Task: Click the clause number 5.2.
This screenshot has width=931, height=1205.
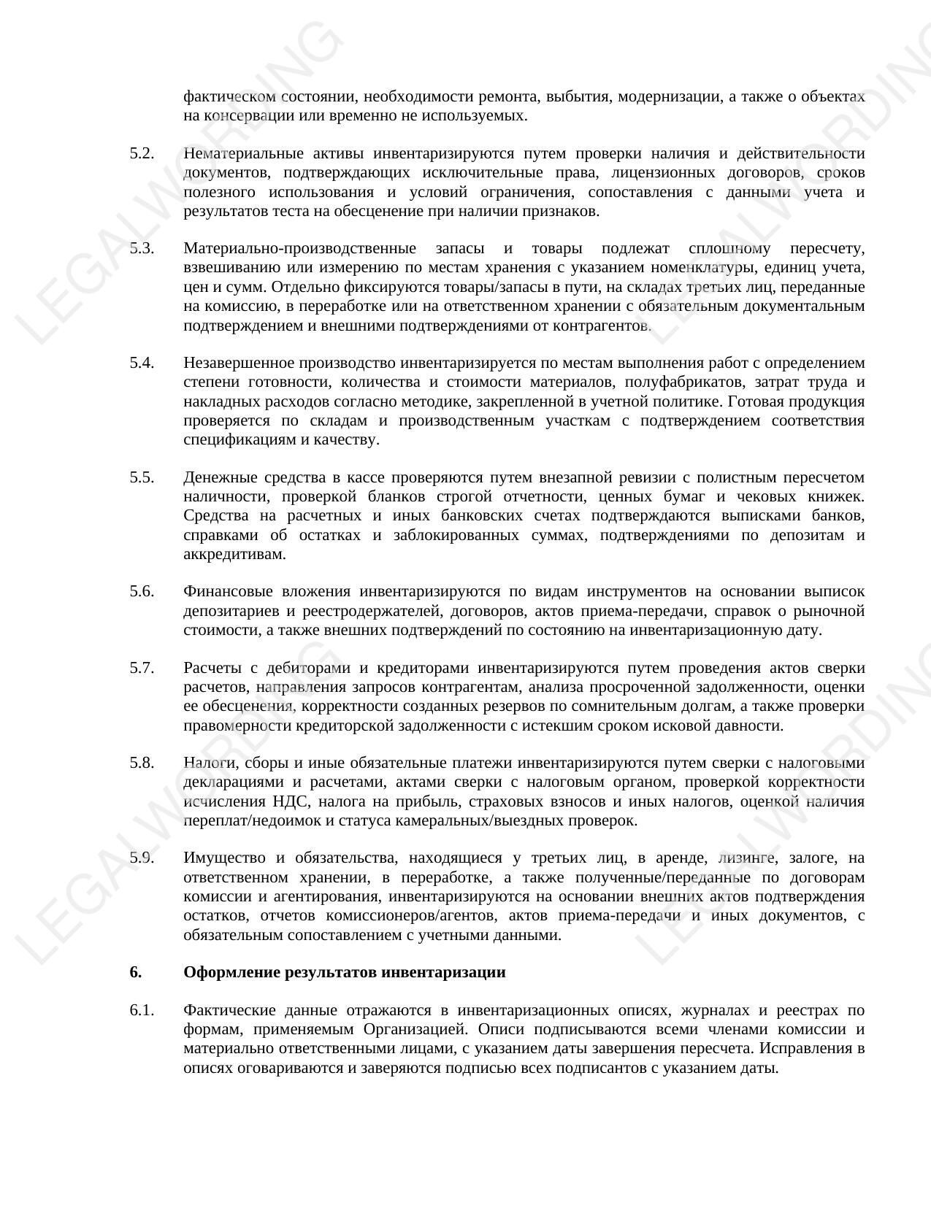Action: coord(142,154)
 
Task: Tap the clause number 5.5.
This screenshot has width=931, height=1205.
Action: coord(142,478)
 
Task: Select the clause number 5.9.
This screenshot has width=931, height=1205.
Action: coord(142,858)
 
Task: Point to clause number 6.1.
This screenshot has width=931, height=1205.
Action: coord(142,1011)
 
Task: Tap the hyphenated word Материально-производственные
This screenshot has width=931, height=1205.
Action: coord(299,249)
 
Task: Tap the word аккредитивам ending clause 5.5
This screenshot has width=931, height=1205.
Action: coord(234,555)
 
